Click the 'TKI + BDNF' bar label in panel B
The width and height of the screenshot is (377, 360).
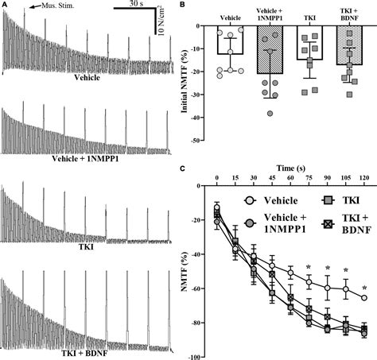point(347,15)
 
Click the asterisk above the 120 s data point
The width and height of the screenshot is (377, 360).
point(364,288)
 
